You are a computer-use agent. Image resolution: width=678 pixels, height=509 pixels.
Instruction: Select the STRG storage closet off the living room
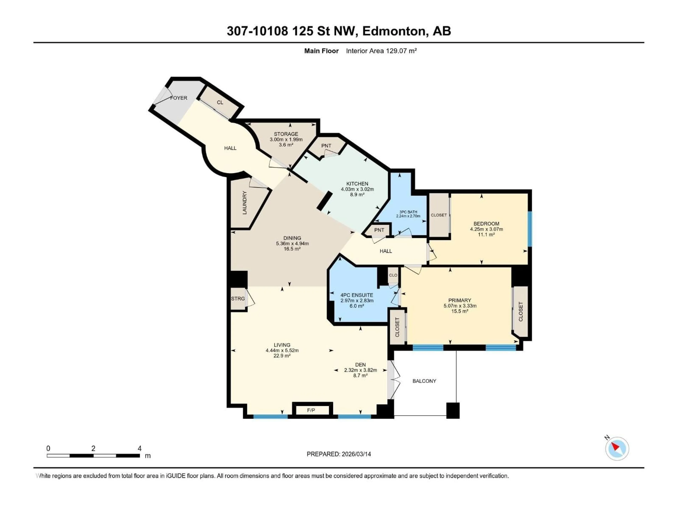click(238, 299)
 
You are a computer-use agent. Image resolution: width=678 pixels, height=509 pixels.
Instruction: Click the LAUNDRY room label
click(245, 203)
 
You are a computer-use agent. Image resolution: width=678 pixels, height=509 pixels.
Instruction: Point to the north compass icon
click(617, 449)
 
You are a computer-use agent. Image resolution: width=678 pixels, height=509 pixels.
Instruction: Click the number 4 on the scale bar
click(139, 448)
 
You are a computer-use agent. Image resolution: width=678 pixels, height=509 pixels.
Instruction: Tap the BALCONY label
click(424, 381)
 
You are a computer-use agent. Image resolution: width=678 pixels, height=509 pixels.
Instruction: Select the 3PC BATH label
click(408, 212)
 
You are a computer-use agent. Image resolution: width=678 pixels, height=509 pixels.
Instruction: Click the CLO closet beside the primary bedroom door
click(393, 275)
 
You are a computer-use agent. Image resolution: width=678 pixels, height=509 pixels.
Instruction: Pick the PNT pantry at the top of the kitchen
click(326, 146)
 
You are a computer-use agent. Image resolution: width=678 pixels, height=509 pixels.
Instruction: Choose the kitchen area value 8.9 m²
click(357, 195)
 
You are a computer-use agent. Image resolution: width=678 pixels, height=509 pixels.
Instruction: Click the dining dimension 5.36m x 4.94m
click(292, 243)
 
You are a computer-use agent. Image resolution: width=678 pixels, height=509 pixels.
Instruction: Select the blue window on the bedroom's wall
click(530, 229)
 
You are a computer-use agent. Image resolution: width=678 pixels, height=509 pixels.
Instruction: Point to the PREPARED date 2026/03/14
click(339, 454)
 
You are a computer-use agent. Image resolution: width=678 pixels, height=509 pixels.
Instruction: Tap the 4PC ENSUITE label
click(357, 295)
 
